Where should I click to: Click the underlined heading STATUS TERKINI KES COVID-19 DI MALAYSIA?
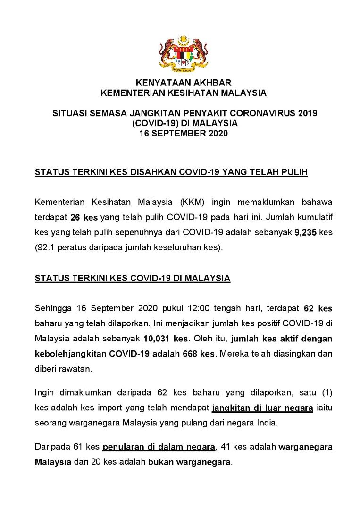[133, 278]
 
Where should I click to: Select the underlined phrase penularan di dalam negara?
[159, 447]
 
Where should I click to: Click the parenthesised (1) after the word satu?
[325, 392]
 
